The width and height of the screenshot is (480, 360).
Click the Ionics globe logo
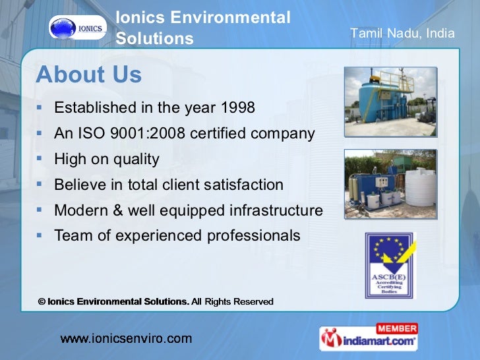pos(77,28)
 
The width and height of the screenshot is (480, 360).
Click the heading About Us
pos(88,75)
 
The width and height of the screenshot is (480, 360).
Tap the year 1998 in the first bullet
pos(237,107)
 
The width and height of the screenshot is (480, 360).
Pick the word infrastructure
pos(276,210)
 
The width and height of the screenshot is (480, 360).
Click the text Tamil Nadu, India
pos(402,33)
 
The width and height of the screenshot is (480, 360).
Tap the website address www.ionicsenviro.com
pos(127,339)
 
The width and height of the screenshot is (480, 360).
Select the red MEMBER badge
pos(396,328)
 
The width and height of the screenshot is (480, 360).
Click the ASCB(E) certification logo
pos(390,266)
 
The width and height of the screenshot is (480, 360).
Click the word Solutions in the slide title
pos(155,39)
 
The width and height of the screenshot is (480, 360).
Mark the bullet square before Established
pos(40,107)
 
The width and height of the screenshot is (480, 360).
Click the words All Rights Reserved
pos(232,301)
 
